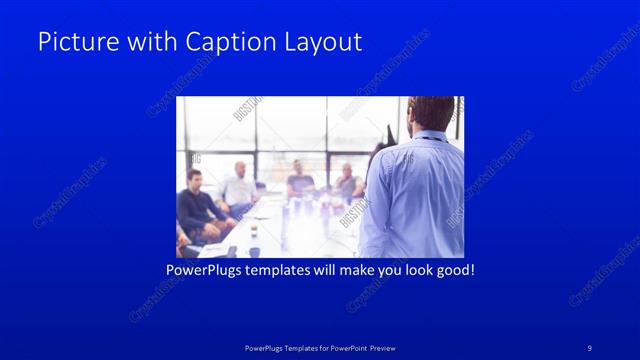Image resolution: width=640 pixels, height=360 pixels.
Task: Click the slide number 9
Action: [591, 347]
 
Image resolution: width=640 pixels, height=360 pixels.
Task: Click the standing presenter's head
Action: [432, 114]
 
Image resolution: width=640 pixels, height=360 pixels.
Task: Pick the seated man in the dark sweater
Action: [197, 205]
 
